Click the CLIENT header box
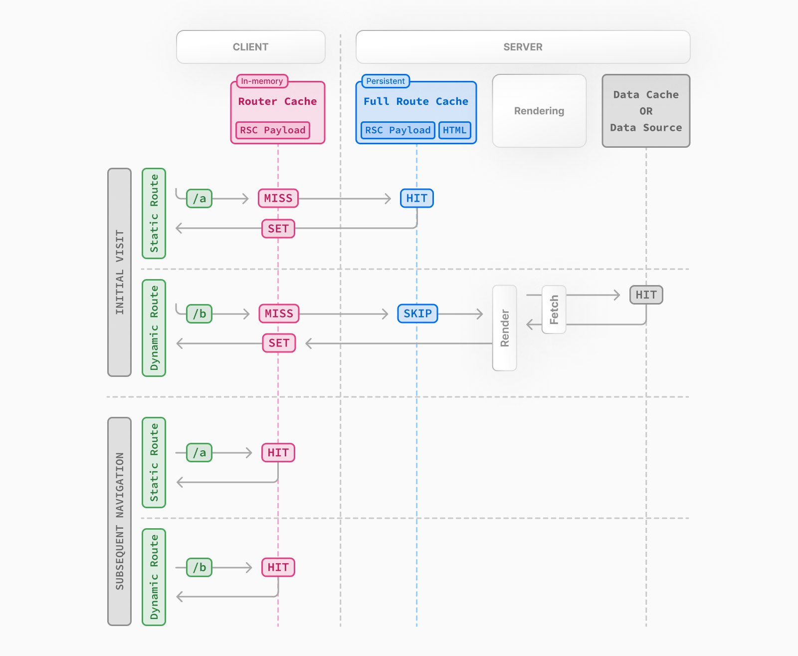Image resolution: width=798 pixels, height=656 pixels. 250,47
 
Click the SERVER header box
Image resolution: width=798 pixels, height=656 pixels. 523,47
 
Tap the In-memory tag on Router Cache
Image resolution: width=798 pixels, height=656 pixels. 262,81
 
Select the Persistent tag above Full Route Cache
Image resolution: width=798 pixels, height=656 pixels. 386,81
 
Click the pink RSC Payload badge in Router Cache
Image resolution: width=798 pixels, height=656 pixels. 272,130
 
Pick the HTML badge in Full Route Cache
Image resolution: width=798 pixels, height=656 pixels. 454,130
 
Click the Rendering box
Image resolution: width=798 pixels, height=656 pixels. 539,111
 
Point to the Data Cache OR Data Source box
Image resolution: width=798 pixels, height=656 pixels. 646,111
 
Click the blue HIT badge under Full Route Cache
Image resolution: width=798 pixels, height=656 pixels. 416,198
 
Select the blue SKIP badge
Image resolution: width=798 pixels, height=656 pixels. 417,314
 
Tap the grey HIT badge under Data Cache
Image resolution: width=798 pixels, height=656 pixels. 646,295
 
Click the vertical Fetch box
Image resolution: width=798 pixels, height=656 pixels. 554,310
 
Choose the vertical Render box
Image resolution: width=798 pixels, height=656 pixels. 504,328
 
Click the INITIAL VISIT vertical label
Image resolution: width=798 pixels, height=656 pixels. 119,272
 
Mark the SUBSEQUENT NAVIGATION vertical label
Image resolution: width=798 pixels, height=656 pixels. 119,521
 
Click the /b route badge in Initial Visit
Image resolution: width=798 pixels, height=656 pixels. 199,314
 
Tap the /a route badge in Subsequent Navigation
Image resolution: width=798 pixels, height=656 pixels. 199,453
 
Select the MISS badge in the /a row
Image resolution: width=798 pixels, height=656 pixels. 278,198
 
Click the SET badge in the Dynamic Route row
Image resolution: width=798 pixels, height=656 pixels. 279,343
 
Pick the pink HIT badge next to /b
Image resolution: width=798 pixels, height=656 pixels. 278,568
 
